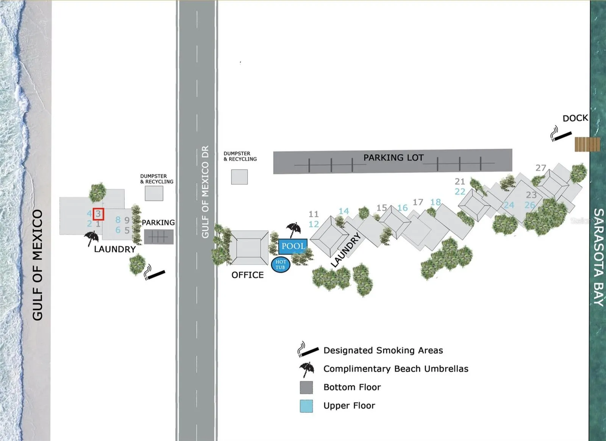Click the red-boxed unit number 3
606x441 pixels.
[x=98, y=214]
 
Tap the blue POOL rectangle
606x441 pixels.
[x=293, y=246]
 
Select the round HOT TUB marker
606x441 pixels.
[x=281, y=265]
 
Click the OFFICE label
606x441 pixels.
[x=248, y=275]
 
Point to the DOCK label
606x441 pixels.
[x=575, y=118]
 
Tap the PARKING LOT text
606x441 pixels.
[x=394, y=157]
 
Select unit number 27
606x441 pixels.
[x=541, y=168]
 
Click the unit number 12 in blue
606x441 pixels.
[x=314, y=224]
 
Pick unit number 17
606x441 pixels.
[x=418, y=202]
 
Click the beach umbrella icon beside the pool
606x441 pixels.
[x=293, y=230]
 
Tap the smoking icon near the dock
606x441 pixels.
[x=561, y=134]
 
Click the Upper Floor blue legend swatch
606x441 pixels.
[x=306, y=406]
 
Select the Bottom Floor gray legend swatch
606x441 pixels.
[x=306, y=388]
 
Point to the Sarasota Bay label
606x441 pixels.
[x=598, y=257]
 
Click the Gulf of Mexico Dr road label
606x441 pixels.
[x=205, y=192]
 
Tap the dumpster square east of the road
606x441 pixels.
[x=239, y=177]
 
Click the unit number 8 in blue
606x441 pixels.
[x=118, y=220]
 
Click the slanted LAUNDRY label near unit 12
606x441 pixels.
[x=346, y=250]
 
